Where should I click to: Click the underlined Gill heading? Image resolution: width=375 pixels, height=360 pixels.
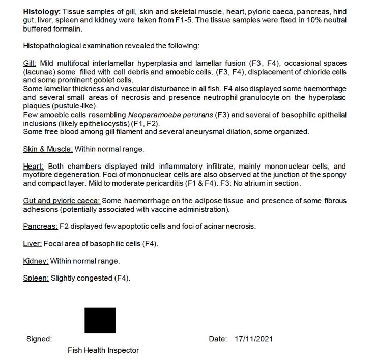(x=30, y=63)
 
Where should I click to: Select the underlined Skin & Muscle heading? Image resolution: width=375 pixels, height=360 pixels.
(x=48, y=149)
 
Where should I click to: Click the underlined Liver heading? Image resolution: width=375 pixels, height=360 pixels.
(x=33, y=244)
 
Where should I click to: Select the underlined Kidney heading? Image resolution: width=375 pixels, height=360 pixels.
(x=36, y=261)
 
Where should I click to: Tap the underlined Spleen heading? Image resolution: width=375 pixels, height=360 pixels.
(x=36, y=279)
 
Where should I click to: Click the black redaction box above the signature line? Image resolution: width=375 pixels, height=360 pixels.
(x=100, y=320)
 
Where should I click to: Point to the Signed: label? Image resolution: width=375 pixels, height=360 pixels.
(x=39, y=339)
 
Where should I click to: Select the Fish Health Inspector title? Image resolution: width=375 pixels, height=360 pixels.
(x=103, y=350)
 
